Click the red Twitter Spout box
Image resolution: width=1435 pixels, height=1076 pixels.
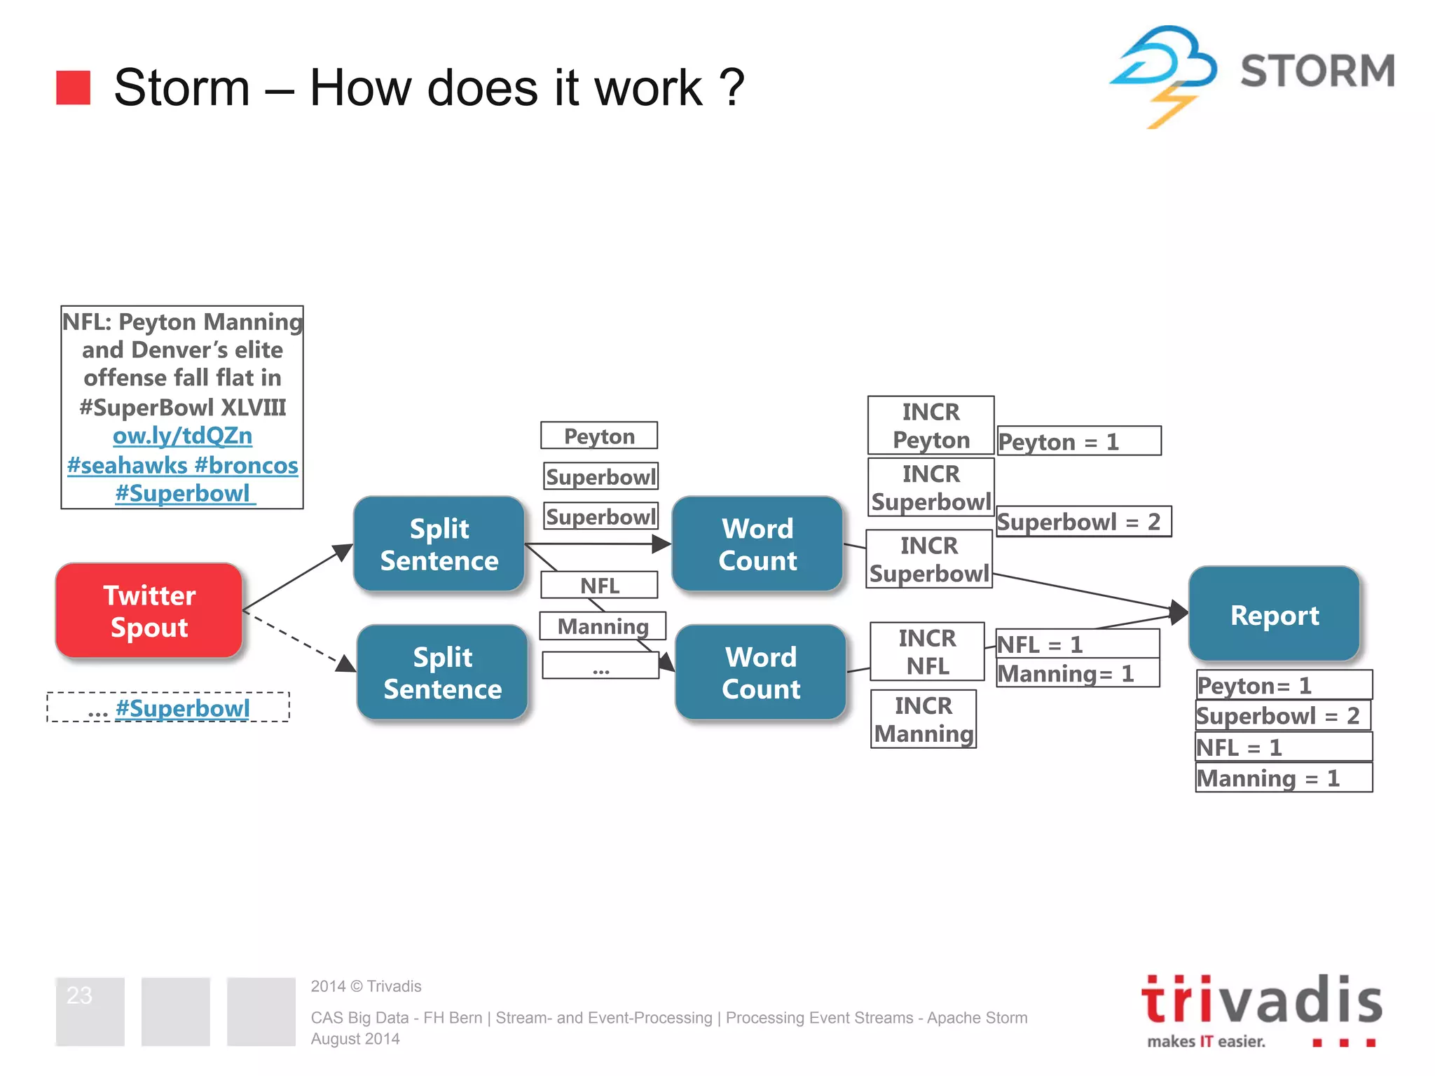pos(149,611)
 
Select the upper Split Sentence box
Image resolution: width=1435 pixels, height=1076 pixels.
pos(439,544)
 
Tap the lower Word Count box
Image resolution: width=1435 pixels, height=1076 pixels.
pos(761,672)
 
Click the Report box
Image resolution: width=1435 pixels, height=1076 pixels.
pos(1274,615)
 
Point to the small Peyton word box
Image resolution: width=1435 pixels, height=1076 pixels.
pos(599,436)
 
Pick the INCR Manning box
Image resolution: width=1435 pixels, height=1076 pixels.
pos(924,719)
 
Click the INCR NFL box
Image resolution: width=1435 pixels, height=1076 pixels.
pos(927,651)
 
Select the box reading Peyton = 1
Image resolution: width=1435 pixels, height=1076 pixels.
pos(1078,441)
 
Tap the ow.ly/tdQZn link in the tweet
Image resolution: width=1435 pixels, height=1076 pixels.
pos(182,436)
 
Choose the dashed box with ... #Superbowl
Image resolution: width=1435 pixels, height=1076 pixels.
pos(168,708)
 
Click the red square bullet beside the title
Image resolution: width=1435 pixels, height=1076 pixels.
pos(74,88)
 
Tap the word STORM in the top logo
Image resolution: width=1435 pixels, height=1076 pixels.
pos(1317,71)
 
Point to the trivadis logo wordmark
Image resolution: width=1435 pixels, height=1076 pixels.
pos(1261,1000)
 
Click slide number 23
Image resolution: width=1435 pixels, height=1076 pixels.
pos(79,995)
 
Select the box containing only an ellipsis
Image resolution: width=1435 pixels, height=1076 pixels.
pos(600,666)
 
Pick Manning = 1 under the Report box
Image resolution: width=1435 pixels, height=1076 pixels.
pos(1283,778)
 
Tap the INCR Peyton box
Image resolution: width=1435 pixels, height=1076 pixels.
pos(931,425)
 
